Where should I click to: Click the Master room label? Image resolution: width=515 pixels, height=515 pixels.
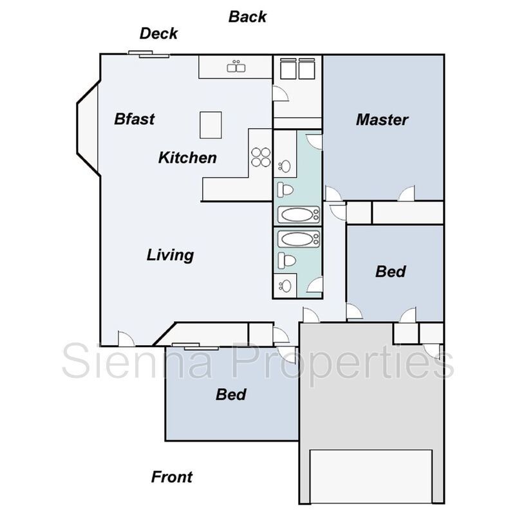click(382, 120)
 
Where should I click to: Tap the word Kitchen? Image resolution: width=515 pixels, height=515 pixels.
click(187, 158)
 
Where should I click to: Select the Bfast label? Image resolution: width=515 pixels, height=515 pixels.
click(135, 119)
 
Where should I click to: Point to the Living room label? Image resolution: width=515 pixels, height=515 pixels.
click(170, 255)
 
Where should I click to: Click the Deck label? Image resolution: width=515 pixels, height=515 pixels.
click(158, 33)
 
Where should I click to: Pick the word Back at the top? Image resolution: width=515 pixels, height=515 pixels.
click(247, 17)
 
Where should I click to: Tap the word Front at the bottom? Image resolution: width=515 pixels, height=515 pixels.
click(172, 477)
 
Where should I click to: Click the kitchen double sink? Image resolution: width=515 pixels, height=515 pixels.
click(236, 67)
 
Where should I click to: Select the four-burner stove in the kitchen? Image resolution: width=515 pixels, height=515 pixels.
click(261, 157)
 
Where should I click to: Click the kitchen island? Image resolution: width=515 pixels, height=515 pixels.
click(211, 125)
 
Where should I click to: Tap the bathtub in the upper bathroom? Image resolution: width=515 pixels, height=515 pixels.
click(299, 215)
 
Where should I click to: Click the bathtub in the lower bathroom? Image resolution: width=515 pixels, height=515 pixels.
click(299, 239)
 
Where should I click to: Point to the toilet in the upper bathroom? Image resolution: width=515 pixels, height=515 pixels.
click(285, 190)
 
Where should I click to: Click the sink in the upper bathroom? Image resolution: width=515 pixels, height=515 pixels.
click(285, 166)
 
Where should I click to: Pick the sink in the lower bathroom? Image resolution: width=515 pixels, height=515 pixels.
click(285, 286)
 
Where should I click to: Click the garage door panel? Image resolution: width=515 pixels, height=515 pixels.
click(371, 476)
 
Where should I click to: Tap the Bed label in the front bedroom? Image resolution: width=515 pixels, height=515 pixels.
click(231, 395)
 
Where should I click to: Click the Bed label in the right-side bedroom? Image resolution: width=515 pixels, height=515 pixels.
click(391, 272)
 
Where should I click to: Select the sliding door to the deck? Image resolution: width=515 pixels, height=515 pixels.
click(149, 54)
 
